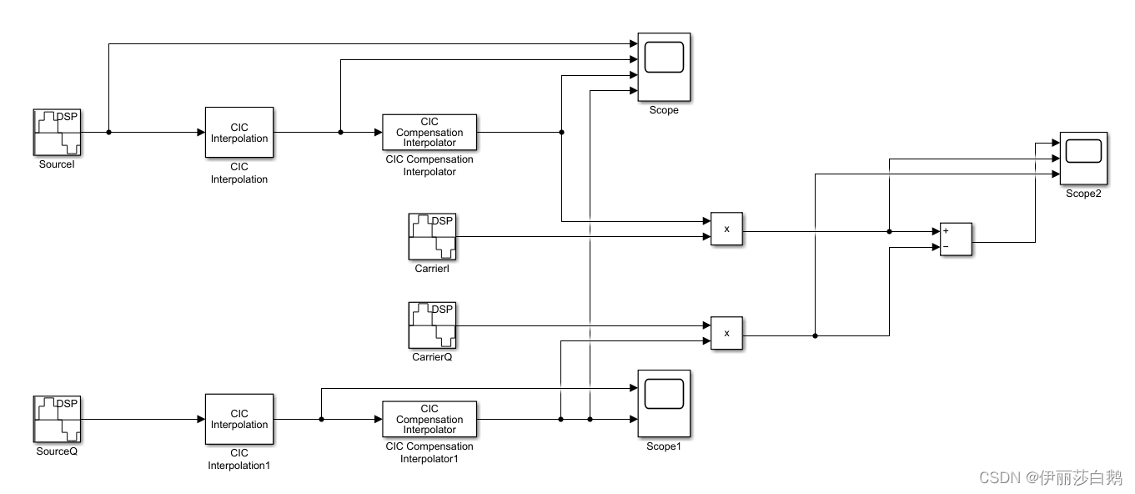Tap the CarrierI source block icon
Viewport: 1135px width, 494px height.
click(432, 237)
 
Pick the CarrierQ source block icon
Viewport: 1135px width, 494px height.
click(432, 325)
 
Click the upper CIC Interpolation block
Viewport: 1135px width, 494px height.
click(239, 132)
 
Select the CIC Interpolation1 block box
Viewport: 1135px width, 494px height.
click(239, 419)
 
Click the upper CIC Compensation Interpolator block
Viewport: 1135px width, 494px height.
click(429, 132)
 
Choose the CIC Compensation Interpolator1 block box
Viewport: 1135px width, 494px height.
click(429, 419)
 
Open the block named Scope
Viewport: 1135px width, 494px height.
click(664, 68)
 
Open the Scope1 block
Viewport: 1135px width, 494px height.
click(664, 404)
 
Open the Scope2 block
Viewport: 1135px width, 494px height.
click(1083, 159)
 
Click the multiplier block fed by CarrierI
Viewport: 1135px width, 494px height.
click(726, 229)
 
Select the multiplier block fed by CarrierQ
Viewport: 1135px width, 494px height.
click(726, 334)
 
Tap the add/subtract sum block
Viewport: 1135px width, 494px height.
click(956, 239)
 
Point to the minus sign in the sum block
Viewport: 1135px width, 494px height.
click(946, 247)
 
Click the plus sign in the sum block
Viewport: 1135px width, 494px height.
click(946, 230)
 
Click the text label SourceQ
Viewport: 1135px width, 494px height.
click(58, 451)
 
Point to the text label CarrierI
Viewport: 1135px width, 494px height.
click(432, 269)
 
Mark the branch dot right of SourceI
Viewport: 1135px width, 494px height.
click(109, 132)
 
